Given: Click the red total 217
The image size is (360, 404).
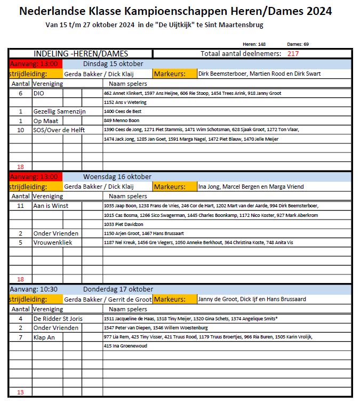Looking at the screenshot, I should [x=293, y=54].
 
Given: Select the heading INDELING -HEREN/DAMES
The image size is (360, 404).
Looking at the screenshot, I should [x=81, y=54].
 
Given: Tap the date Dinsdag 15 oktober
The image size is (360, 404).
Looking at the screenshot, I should [x=113, y=64].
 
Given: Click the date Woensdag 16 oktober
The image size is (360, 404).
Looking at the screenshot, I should [x=117, y=177].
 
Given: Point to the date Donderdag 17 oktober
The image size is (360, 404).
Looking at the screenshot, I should [x=118, y=289].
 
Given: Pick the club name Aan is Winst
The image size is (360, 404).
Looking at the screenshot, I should [x=51, y=206].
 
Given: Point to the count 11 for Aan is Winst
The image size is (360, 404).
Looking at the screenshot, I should [x=21, y=206].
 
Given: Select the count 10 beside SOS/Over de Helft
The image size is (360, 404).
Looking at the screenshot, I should [x=21, y=130].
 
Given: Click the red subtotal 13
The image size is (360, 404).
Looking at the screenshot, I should [x=21, y=392].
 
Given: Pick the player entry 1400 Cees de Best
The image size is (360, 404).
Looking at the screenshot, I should [x=122, y=111].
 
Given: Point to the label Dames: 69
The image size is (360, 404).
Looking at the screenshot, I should [x=298, y=44].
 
